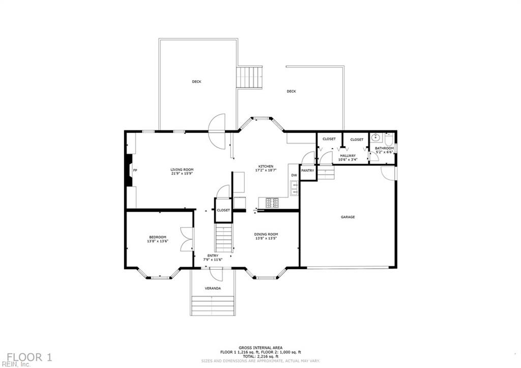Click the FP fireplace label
coord(135,170)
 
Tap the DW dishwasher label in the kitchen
coord(294,176)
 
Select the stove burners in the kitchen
coord(272,203)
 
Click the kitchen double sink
coord(294,188)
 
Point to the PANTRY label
coord(307,171)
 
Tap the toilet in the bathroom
coord(389,139)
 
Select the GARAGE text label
coord(348,217)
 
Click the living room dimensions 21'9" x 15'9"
coord(182,174)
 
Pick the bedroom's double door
coord(187,239)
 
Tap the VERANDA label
coord(213,289)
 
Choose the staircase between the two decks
coord(250,77)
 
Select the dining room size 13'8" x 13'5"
coord(266,238)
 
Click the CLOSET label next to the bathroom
coord(357,139)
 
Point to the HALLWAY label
coord(348,156)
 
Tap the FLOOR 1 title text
coord(29,357)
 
